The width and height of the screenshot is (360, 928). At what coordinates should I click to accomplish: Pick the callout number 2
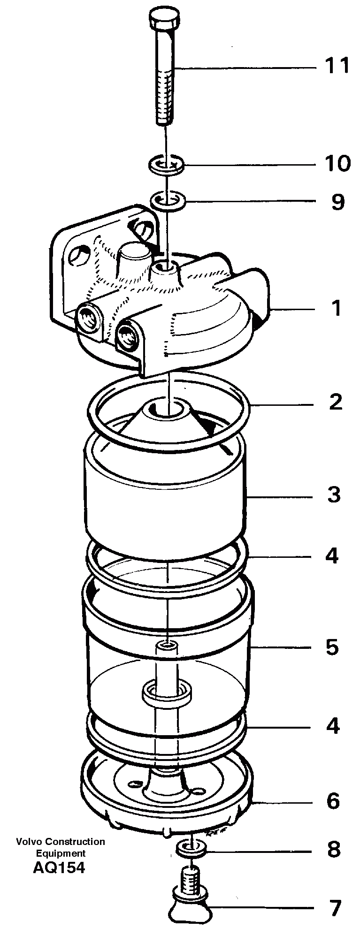point(336,402)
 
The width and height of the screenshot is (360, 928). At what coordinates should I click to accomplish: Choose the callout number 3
point(334,494)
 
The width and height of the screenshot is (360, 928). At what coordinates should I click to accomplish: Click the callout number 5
point(332,647)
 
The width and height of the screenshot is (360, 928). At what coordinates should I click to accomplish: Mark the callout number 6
point(333,801)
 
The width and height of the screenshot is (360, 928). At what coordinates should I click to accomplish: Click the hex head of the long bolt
point(165,19)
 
